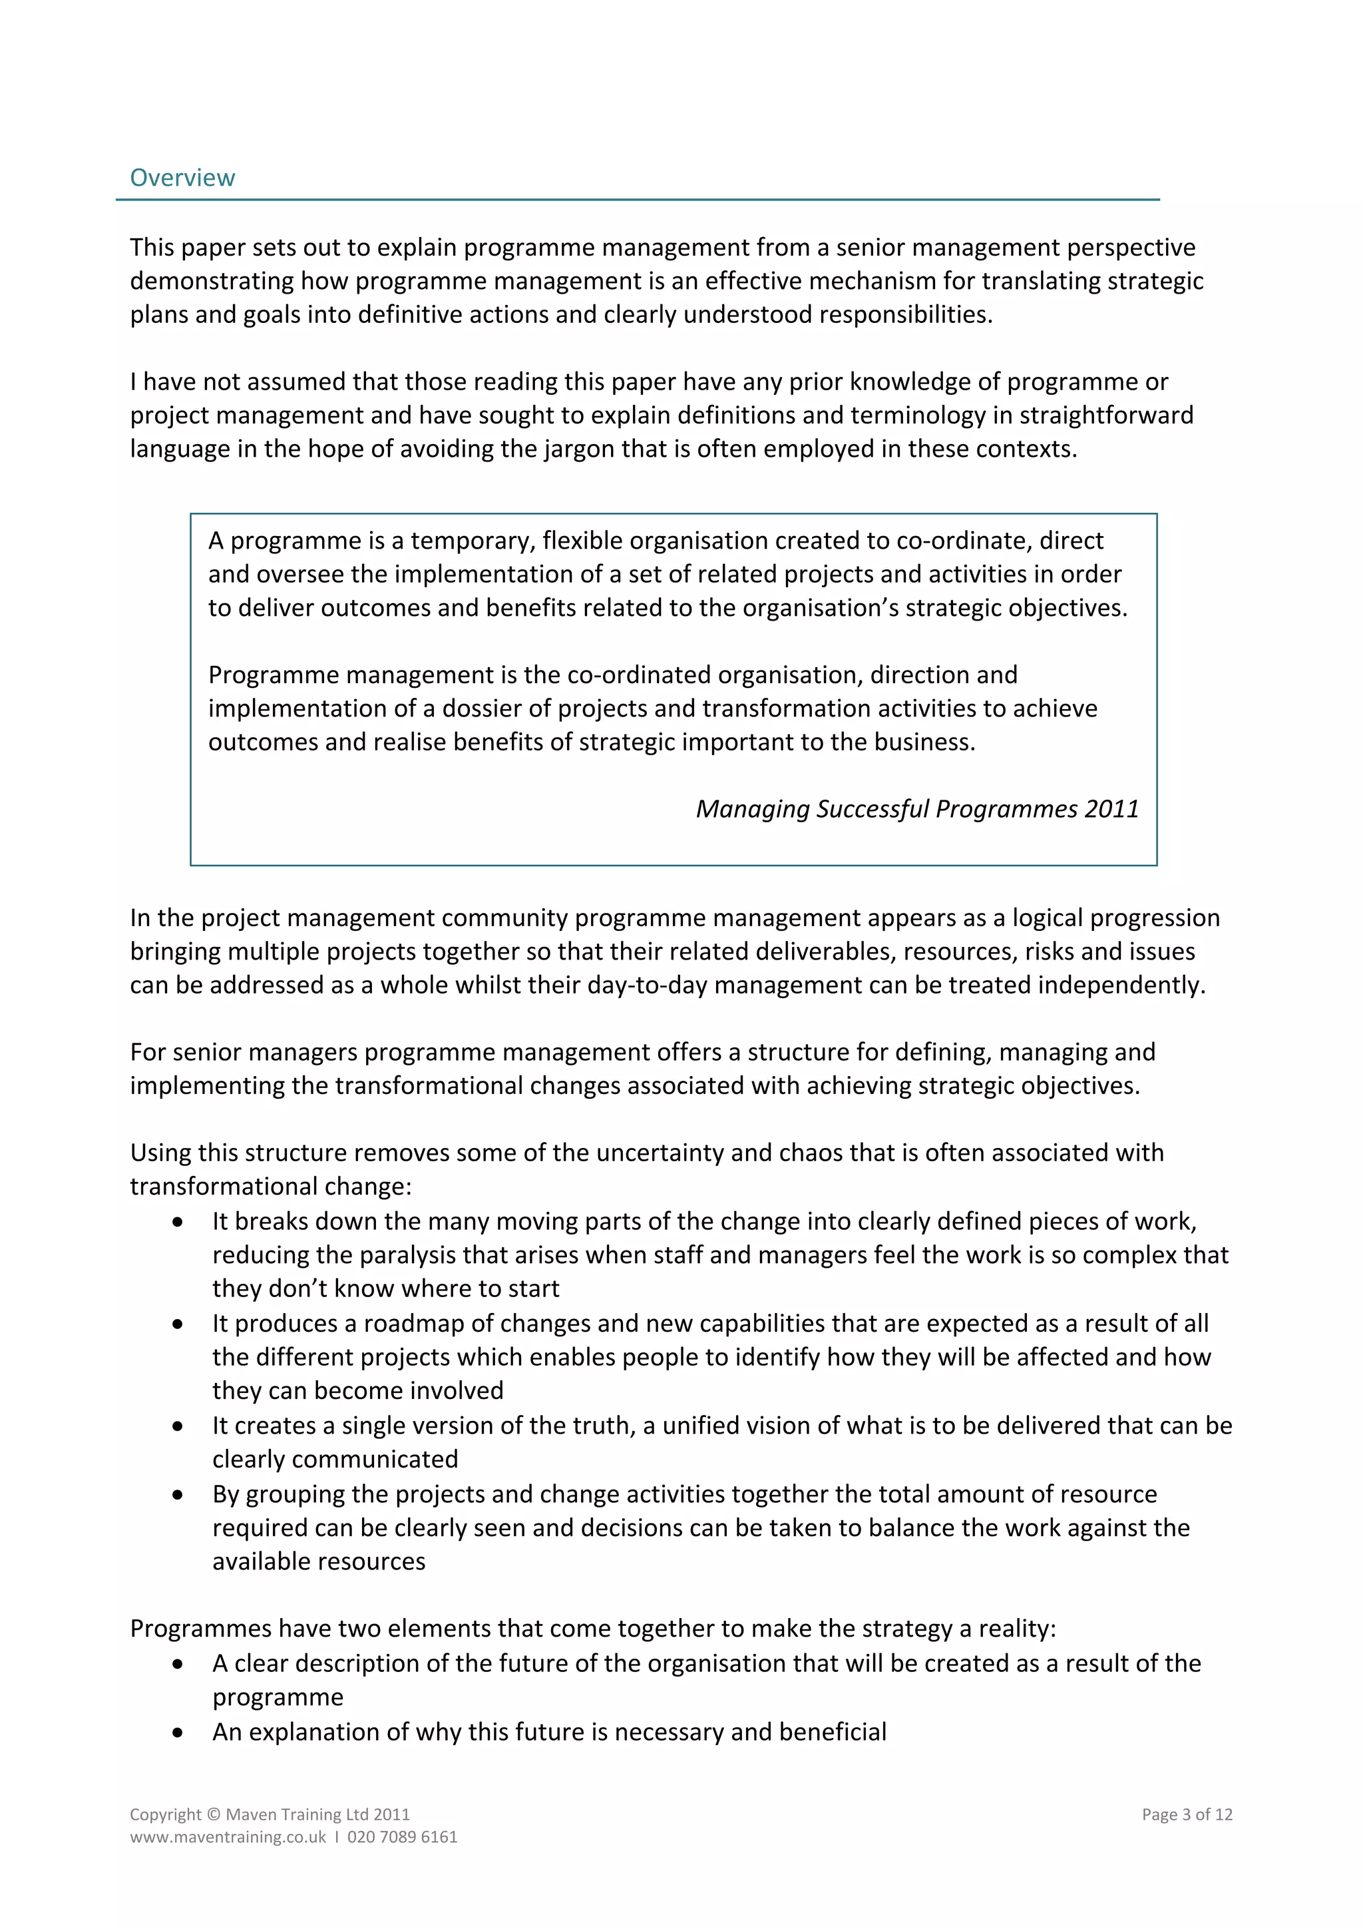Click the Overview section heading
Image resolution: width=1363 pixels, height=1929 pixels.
(182, 177)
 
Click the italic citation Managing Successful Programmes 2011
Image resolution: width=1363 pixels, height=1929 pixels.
(917, 808)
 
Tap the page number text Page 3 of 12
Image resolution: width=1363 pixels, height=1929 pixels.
(1186, 1814)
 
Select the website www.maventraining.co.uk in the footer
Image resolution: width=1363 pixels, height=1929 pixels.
(228, 1836)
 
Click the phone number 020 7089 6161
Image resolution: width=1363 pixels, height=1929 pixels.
(402, 1836)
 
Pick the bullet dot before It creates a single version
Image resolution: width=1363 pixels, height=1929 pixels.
(177, 1426)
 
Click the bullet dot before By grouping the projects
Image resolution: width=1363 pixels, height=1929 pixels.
(177, 1496)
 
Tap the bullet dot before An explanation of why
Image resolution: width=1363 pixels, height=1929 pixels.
(177, 1733)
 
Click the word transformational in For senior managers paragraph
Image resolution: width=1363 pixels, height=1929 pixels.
(429, 1085)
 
